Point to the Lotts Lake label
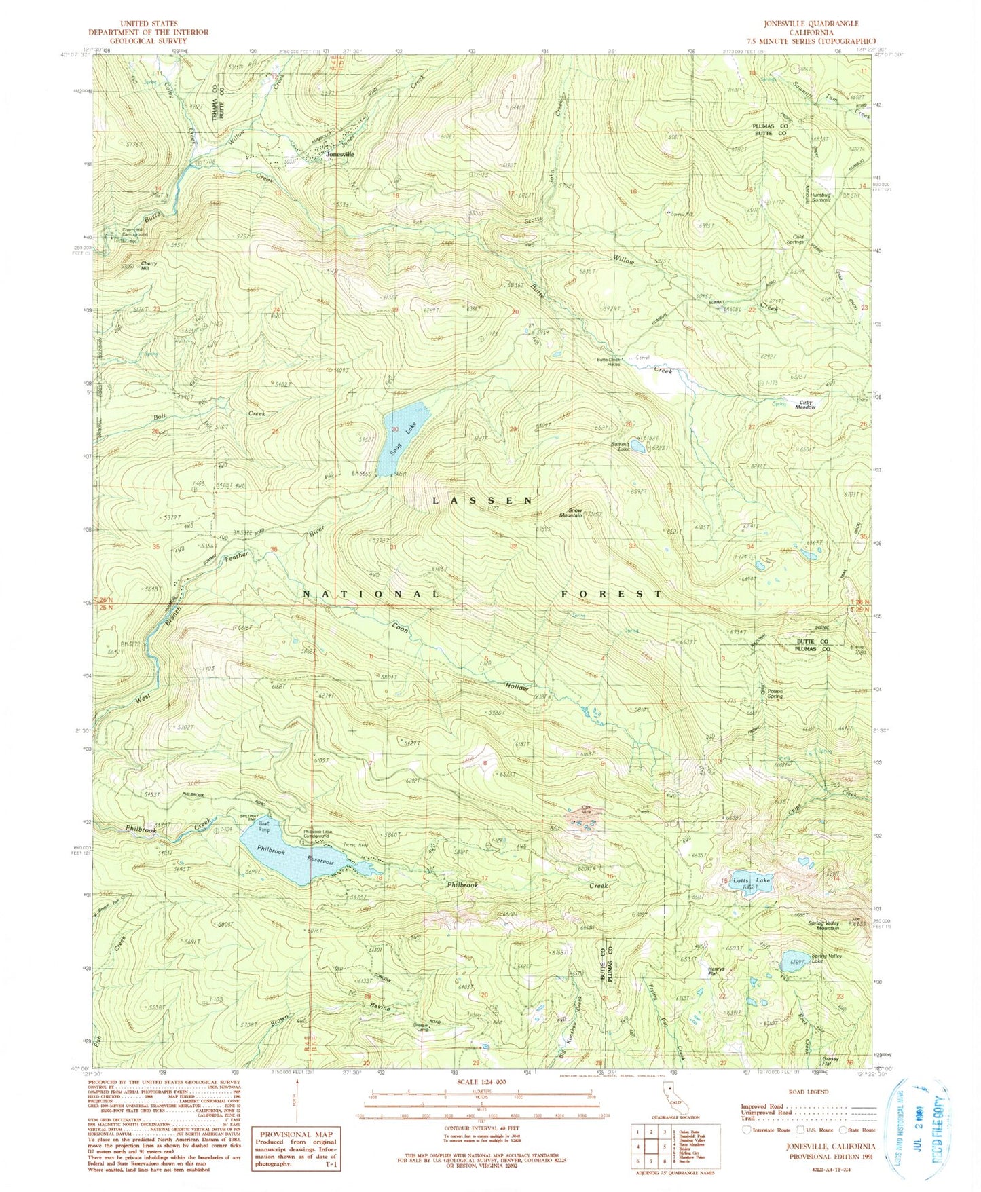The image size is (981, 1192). (752, 880)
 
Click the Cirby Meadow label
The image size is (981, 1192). (806, 405)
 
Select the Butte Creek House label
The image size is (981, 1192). (609, 362)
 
